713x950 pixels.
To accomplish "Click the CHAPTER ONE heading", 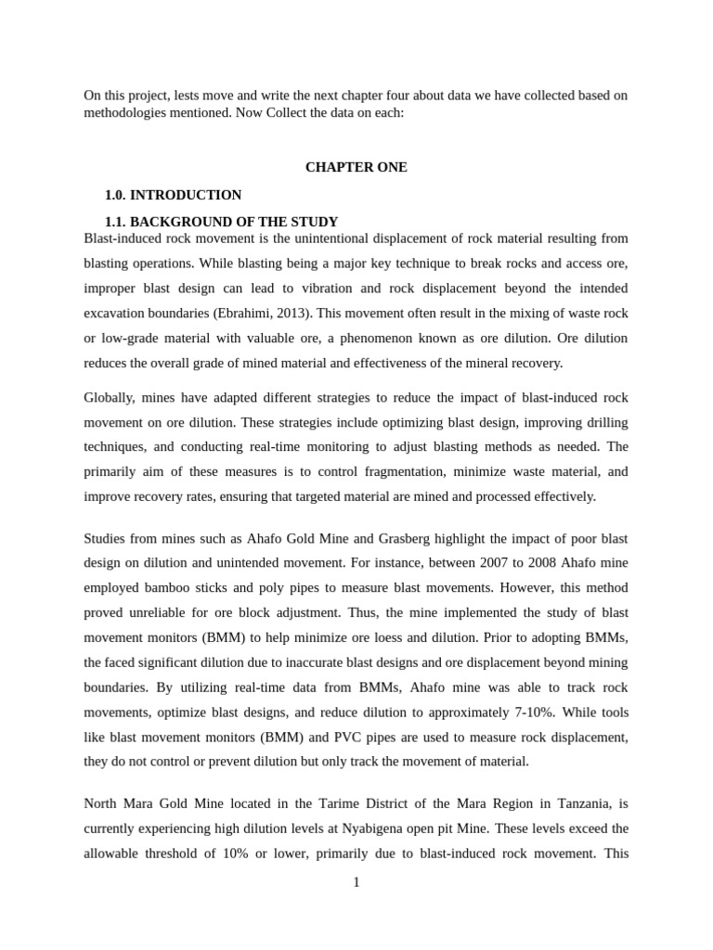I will click(x=356, y=167).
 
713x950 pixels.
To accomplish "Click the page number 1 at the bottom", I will click(x=356, y=882).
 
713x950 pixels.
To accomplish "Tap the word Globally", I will click(x=109, y=397).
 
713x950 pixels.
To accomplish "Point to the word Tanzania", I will click(x=588, y=803).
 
